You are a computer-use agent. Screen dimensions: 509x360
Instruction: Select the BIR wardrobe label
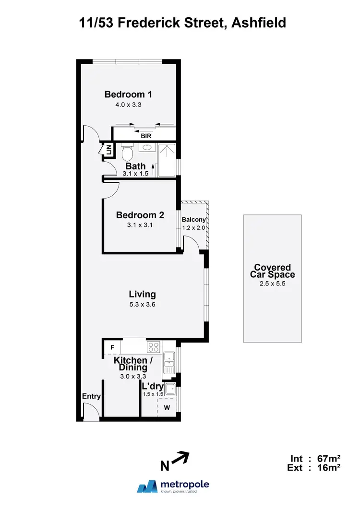tap(146, 136)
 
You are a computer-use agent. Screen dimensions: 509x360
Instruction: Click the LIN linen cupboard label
tap(108, 150)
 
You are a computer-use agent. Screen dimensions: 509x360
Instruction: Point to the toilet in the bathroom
tap(127, 153)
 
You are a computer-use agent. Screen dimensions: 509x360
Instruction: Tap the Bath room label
tap(136, 166)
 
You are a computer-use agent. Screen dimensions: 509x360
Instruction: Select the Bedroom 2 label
tap(140, 215)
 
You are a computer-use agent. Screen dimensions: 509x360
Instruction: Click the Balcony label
tap(194, 220)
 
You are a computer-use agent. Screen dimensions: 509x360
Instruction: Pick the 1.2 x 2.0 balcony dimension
tap(194, 227)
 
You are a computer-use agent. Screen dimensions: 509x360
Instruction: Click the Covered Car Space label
tap(273, 271)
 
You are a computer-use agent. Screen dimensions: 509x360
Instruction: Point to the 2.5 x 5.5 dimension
tap(273, 284)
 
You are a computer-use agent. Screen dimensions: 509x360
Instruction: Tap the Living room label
tap(142, 295)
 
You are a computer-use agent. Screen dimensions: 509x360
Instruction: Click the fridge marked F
tap(112, 347)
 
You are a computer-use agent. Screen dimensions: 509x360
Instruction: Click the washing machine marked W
tap(167, 408)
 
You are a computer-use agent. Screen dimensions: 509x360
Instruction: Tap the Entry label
tap(91, 396)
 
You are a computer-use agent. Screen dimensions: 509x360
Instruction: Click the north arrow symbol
tap(180, 459)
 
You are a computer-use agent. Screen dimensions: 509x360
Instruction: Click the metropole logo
tap(173, 486)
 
